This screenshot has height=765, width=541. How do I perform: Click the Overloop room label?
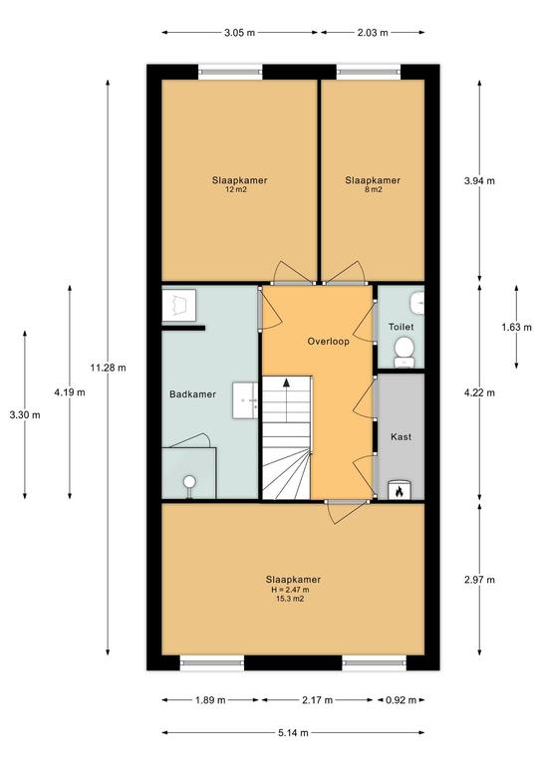click(x=329, y=342)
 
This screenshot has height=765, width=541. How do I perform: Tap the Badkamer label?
click(x=192, y=394)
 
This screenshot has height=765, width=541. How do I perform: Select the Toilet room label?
click(x=401, y=327)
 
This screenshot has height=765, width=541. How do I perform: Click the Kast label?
click(x=401, y=437)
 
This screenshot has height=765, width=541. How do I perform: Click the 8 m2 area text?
click(x=374, y=189)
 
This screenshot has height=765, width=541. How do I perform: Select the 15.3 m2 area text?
click(x=291, y=598)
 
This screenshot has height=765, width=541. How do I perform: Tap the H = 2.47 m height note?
click(x=291, y=590)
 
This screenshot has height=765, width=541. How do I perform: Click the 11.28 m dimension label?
click(x=108, y=368)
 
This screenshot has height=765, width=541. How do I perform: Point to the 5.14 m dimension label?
click(x=293, y=732)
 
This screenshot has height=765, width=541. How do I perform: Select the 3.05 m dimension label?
click(x=239, y=33)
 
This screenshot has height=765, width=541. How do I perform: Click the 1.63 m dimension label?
click(x=517, y=327)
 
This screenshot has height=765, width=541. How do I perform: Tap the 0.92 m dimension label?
click(x=401, y=700)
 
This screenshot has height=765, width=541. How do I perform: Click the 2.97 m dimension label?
click(x=479, y=580)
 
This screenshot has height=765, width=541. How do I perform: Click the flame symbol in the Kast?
click(x=400, y=491)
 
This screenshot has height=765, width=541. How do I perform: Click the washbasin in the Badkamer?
click(x=245, y=400)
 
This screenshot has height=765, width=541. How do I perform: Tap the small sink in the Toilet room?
click(x=417, y=305)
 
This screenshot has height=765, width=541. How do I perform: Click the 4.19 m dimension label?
click(x=70, y=391)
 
